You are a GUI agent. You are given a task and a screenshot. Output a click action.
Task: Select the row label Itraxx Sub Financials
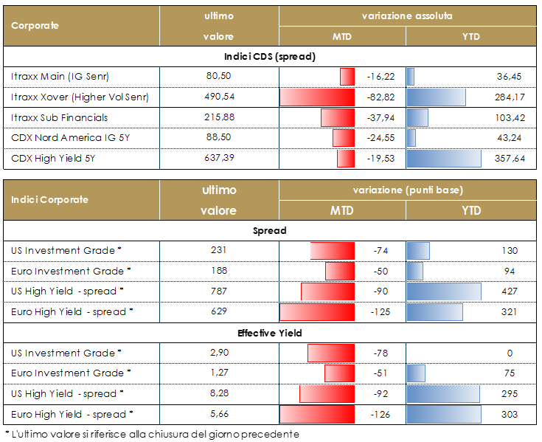(x=60, y=117)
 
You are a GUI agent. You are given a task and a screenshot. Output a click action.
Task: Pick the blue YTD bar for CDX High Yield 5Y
(x=444, y=159)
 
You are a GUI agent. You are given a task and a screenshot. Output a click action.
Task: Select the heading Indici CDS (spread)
(x=270, y=56)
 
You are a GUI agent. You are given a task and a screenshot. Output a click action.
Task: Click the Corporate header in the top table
(x=35, y=25)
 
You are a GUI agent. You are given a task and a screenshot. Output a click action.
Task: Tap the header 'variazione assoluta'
(x=407, y=15)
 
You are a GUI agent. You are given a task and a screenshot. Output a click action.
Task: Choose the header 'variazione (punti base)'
(x=407, y=190)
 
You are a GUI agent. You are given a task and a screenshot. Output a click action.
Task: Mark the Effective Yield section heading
(x=270, y=334)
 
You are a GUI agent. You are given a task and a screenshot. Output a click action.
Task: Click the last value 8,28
(x=220, y=393)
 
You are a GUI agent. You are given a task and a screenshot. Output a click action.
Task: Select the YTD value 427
(x=508, y=291)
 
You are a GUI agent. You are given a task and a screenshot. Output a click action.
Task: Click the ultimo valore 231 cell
(x=220, y=251)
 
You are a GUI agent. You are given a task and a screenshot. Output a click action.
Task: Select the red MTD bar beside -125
(x=317, y=311)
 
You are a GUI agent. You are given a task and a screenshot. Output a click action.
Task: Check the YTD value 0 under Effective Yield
(x=510, y=353)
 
